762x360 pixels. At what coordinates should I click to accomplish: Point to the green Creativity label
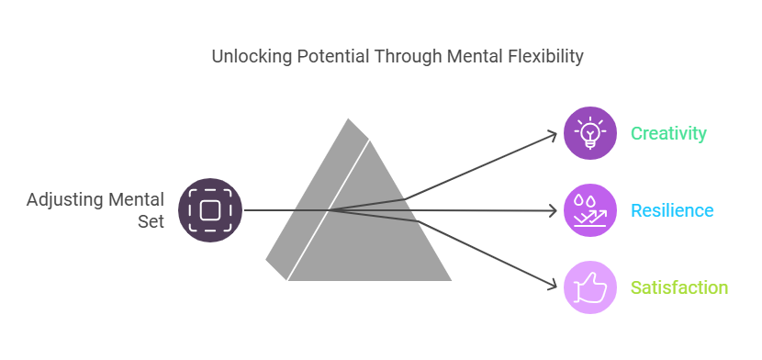[668, 133]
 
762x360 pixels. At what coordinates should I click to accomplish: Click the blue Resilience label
[671, 210]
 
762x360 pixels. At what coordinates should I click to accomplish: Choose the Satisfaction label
[678, 287]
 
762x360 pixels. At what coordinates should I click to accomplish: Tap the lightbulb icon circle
[589, 133]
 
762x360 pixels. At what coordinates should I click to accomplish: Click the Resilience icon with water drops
[589, 210]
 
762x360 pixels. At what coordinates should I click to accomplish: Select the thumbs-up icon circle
[589, 287]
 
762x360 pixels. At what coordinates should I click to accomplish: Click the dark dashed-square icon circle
[210, 210]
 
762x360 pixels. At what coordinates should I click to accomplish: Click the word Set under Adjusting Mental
[151, 221]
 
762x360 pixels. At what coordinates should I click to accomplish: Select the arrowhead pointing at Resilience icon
[554, 211]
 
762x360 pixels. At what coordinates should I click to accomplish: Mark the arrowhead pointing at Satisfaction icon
[554, 285]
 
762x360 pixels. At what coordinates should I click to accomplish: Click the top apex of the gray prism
[349, 119]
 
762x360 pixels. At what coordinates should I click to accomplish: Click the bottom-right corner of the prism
[450, 279]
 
